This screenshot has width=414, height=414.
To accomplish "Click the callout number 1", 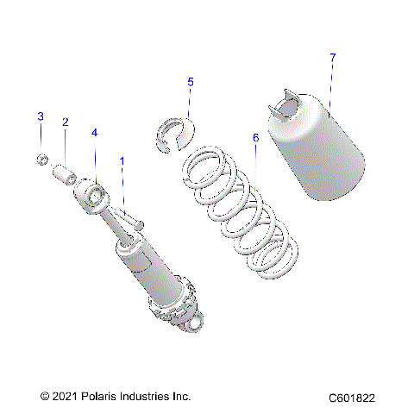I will coord(122,160).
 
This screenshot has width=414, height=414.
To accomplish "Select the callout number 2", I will coord(65,122).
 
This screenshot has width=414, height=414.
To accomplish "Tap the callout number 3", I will coord(40,116).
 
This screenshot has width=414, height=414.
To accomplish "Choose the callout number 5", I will coord(191,82).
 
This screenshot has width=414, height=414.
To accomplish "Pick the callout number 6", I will coord(255,137).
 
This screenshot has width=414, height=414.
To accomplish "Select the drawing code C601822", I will coord(351,398).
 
